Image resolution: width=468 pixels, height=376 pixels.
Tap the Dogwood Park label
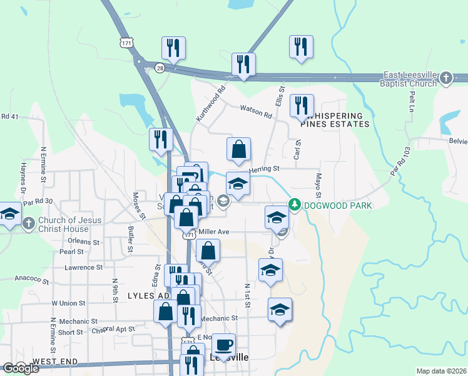click(x=337, y=206)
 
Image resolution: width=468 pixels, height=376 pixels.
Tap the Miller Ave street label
click(x=214, y=232)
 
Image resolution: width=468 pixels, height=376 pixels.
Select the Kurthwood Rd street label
click(x=210, y=104)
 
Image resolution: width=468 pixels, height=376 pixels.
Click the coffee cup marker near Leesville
click(x=223, y=343)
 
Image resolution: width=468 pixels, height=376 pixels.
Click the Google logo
click(x=20, y=368)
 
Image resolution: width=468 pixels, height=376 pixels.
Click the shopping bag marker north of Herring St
click(x=238, y=150)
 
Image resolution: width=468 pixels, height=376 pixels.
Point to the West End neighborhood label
click(x=55, y=362)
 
